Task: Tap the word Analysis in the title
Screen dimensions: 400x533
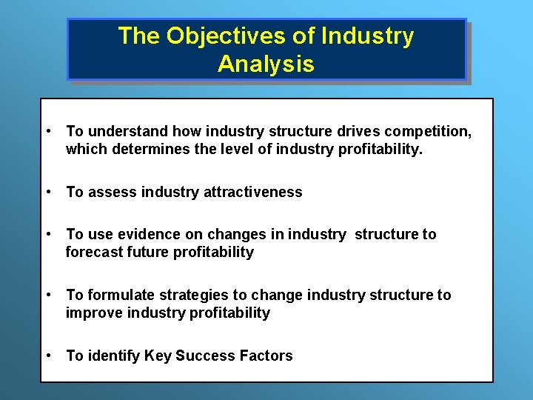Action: coord(266,64)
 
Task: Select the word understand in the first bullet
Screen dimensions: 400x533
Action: coord(127,131)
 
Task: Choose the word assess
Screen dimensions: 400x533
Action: coord(112,192)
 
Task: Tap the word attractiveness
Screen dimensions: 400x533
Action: coord(252,192)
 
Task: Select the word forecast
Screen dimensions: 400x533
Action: coord(93,252)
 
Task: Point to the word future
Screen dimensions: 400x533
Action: coord(147,252)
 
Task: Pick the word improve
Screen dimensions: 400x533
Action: coord(94,313)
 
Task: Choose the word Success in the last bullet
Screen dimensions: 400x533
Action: coord(205,356)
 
